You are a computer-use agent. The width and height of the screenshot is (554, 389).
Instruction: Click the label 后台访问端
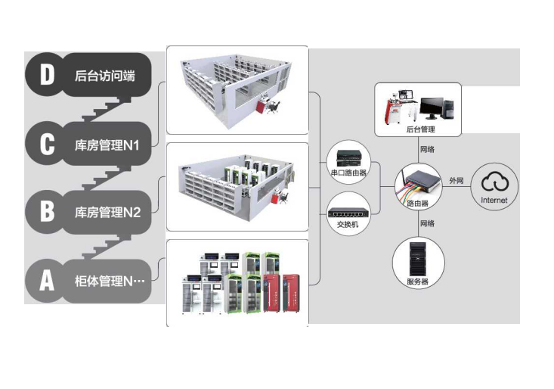pos(105,75)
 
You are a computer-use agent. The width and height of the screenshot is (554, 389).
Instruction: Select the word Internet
pos(494,201)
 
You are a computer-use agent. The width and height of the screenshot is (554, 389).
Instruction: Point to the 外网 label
pos(456,181)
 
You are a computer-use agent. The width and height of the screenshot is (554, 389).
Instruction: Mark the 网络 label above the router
pos(427,149)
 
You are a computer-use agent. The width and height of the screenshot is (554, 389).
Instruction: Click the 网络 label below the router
pos(427,224)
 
